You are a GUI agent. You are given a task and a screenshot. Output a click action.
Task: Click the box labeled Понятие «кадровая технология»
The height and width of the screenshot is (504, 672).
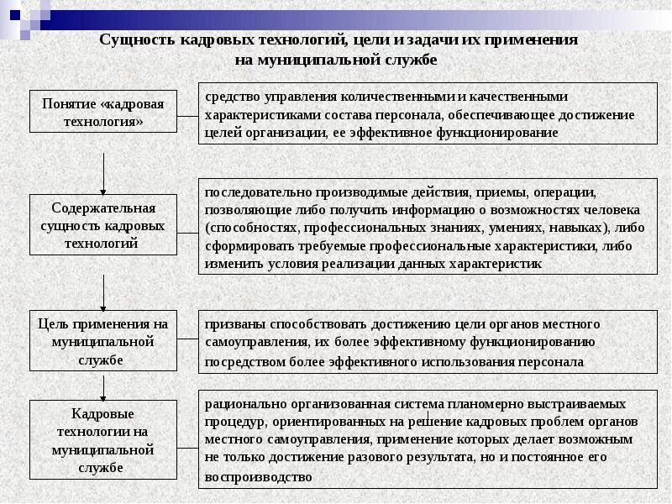[x=103, y=112]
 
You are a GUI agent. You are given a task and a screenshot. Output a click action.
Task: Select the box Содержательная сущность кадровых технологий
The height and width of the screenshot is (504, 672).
[x=103, y=225]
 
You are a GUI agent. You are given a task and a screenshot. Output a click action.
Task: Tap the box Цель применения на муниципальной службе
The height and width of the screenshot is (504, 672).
[x=103, y=341]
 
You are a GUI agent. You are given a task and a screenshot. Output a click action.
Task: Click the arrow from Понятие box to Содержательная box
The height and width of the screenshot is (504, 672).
[x=103, y=172]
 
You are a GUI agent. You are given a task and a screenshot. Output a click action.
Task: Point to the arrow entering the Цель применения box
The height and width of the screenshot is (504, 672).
[x=103, y=294]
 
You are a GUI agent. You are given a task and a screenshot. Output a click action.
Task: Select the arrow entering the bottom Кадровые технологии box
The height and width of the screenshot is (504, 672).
[x=103, y=387]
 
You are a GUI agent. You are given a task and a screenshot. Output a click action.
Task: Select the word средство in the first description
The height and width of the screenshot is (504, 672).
[x=233, y=97]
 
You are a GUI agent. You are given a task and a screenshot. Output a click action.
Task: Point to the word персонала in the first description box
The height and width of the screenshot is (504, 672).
[x=407, y=114]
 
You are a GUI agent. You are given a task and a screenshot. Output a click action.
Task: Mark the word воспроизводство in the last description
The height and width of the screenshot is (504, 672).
[x=258, y=475]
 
